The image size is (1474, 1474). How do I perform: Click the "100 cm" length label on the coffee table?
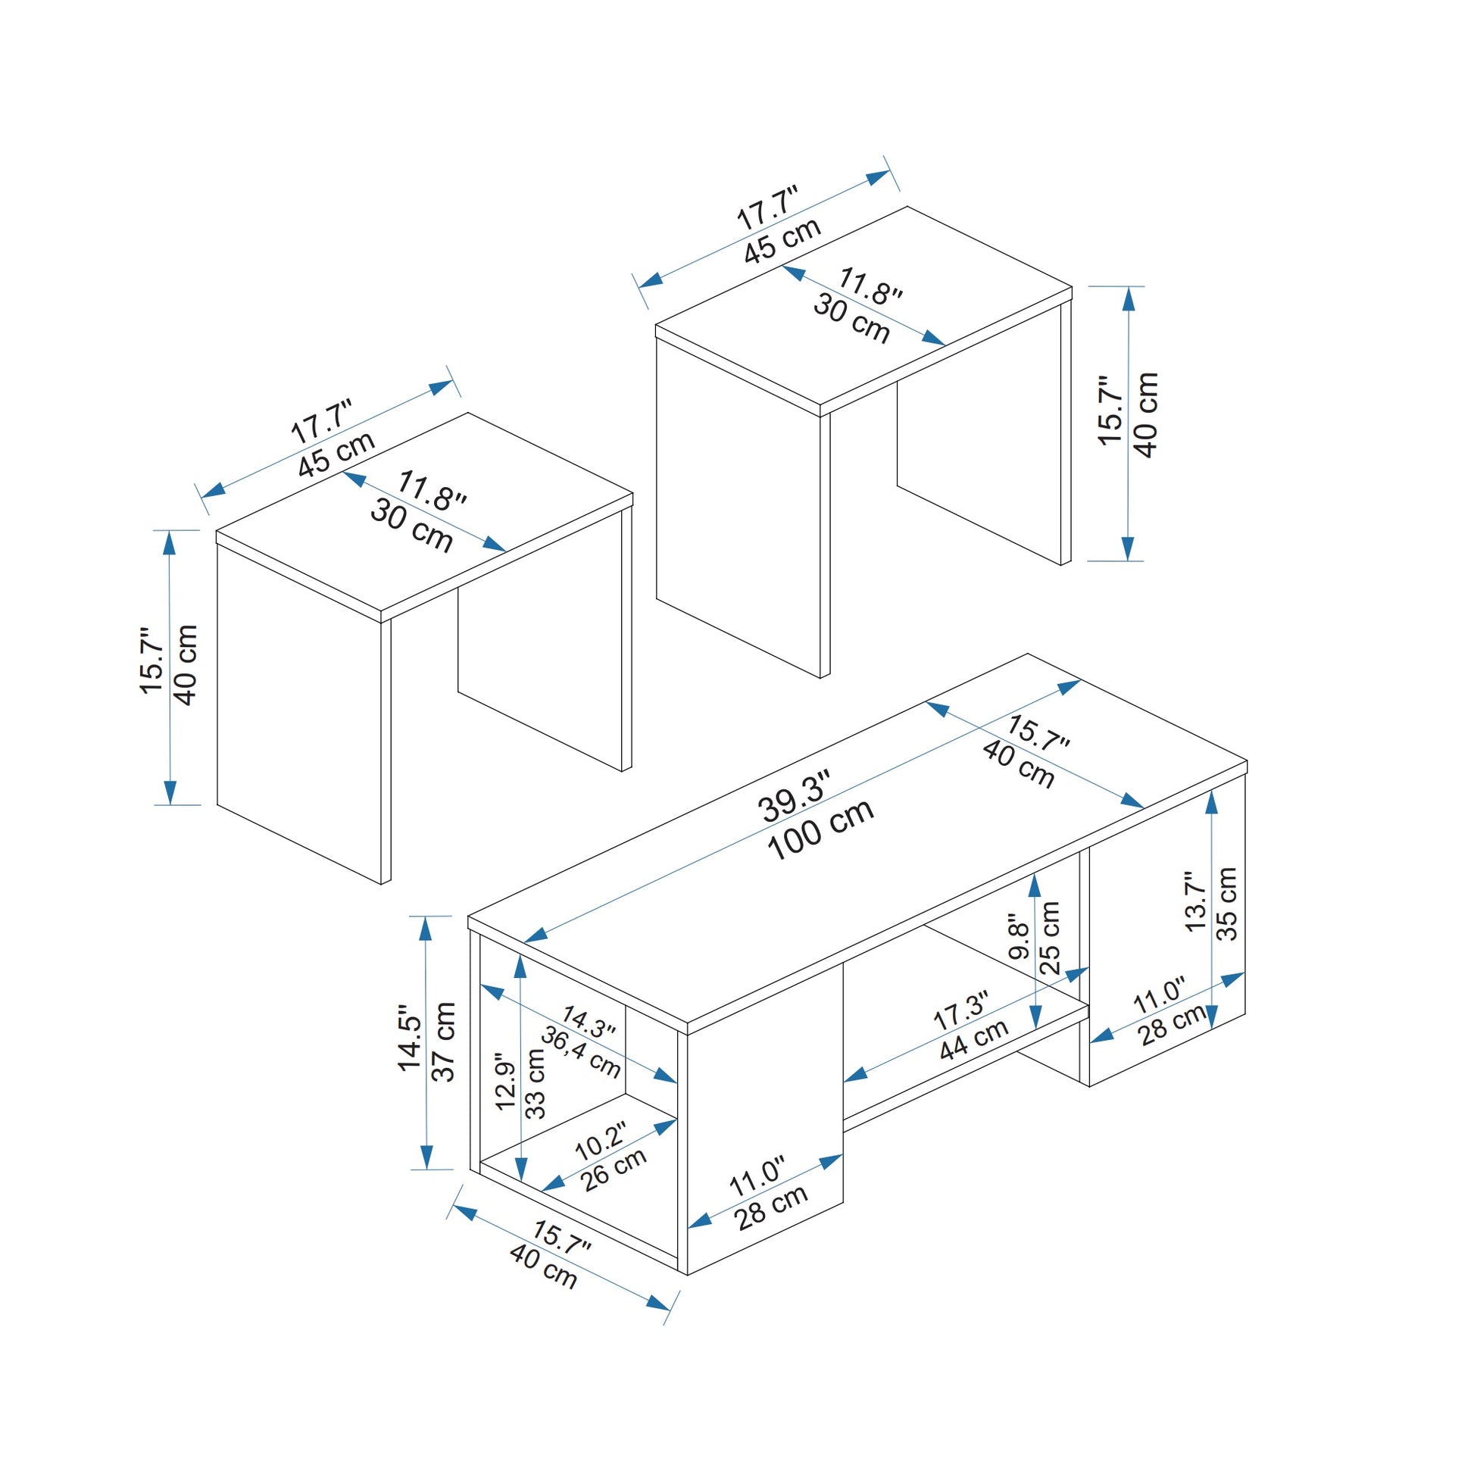tap(820, 832)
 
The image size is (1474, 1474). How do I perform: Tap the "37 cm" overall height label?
tap(444, 1042)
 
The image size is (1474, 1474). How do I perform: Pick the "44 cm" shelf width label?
tap(973, 1039)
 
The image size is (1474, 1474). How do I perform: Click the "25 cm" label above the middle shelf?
tap(1051, 938)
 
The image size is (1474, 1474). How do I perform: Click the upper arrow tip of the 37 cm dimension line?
tap(426, 917)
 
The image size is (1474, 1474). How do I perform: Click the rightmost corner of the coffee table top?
tap(1247, 760)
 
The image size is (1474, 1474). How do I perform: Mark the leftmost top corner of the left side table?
tap(217, 531)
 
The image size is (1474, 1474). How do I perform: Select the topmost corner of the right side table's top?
tap(907, 207)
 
